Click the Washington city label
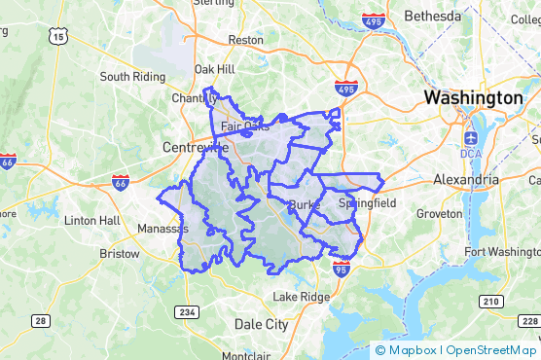click(473, 98)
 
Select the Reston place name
click(245, 40)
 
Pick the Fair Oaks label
click(244, 126)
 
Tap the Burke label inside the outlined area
click(305, 204)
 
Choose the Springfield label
click(367, 204)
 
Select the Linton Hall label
click(91, 220)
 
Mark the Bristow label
click(120, 252)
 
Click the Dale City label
click(262, 324)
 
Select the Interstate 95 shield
click(341, 270)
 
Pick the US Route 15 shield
click(60, 37)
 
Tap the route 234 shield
click(188, 311)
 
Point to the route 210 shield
click(490, 303)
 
